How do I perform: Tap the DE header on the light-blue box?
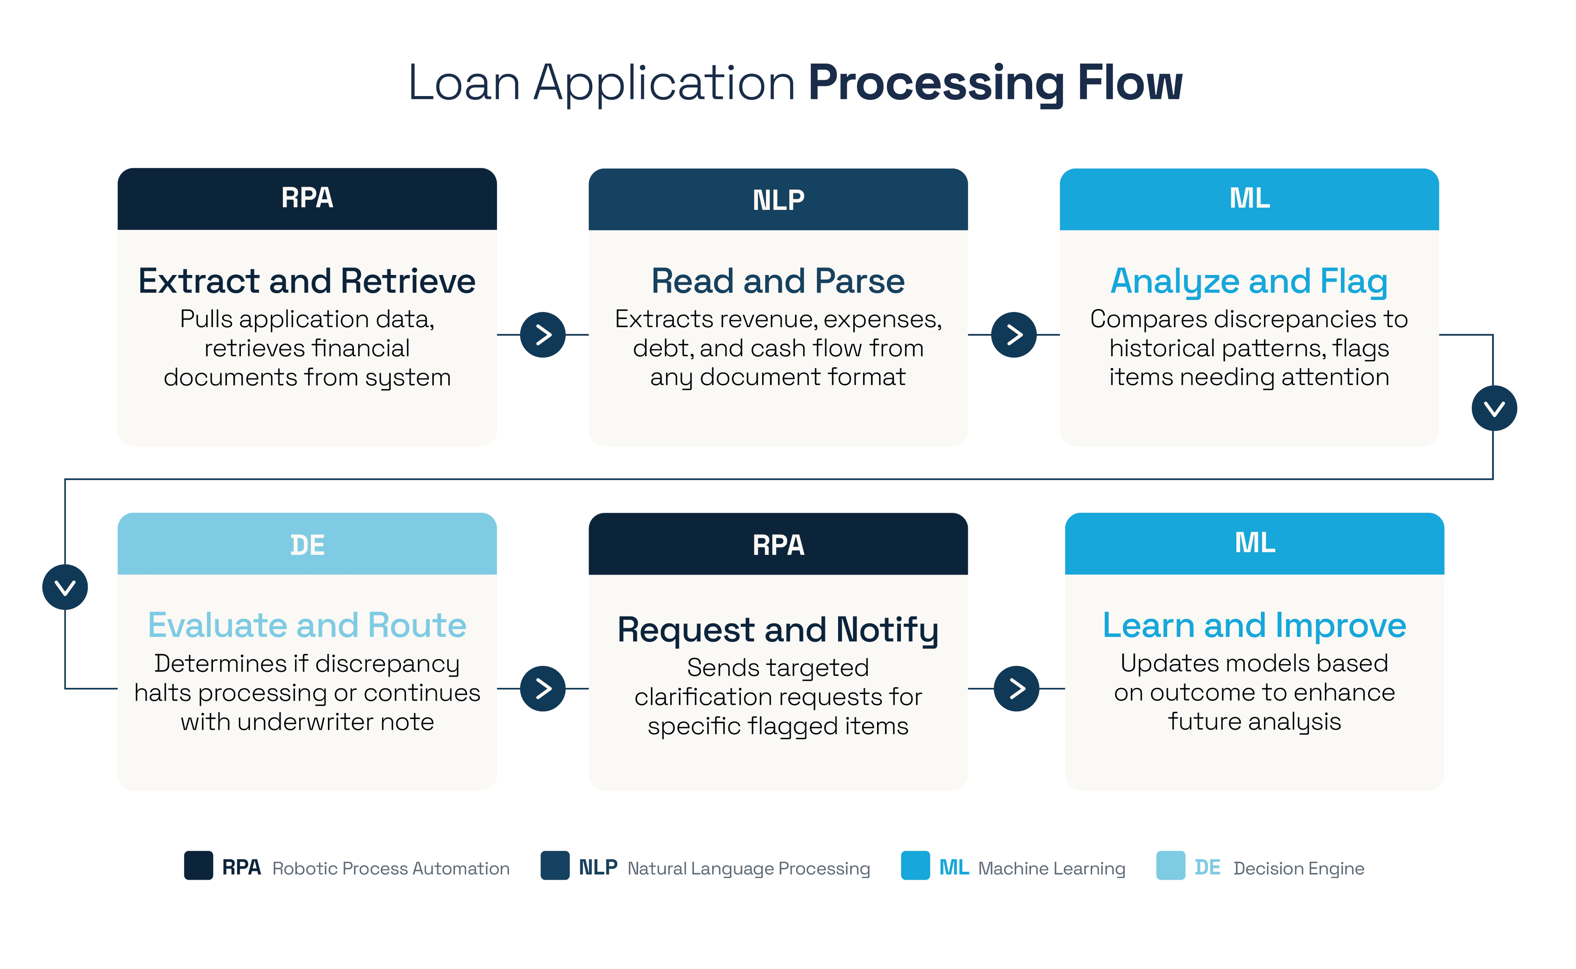(x=307, y=544)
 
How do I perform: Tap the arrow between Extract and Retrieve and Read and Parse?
(x=543, y=334)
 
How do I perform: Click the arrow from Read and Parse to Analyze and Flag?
(x=1013, y=334)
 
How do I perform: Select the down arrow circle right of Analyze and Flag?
(x=1494, y=408)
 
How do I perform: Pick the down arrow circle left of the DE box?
(x=65, y=587)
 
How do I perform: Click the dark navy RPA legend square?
(x=199, y=866)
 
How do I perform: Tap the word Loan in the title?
(x=464, y=83)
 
